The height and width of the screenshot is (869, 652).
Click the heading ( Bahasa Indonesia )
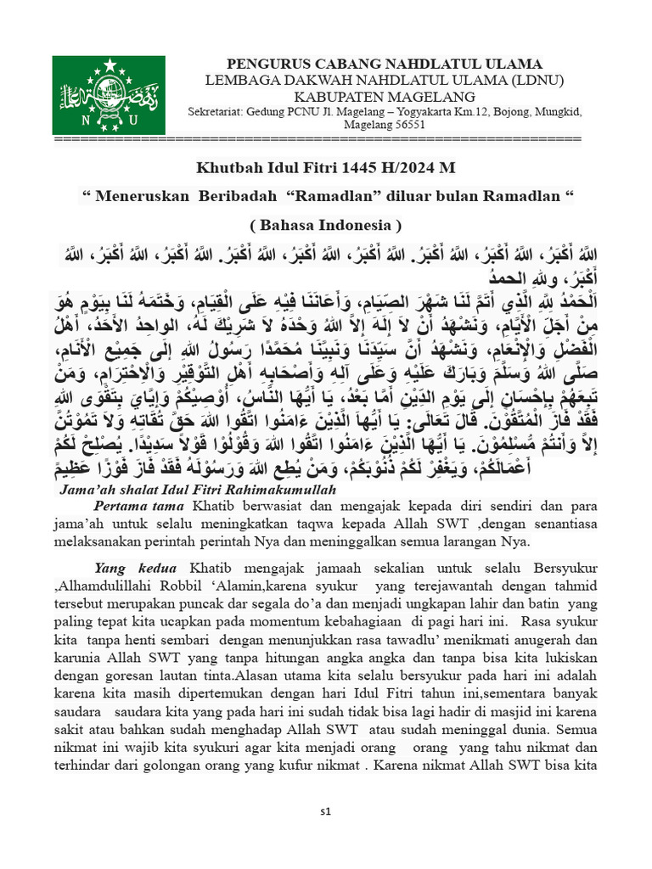[325, 225]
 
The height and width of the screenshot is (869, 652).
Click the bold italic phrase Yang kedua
[136, 568]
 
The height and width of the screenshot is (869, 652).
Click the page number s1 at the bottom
[325, 812]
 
